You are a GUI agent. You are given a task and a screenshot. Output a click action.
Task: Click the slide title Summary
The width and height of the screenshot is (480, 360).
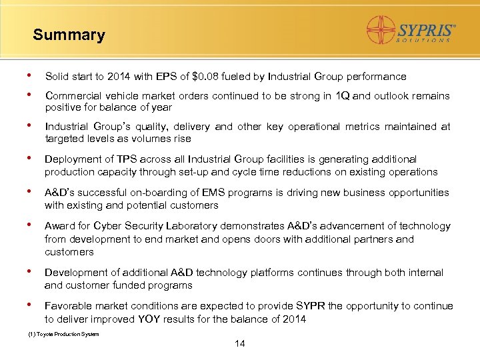[69, 35]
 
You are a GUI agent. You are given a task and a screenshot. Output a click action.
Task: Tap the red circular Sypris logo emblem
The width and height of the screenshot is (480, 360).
[381, 30]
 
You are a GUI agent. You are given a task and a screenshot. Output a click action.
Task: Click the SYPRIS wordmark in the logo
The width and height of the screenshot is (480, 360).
[426, 30]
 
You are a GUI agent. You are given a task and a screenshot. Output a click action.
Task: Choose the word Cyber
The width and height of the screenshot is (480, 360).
[108, 226]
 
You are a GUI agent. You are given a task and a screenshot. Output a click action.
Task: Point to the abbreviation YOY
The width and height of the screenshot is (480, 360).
[149, 319]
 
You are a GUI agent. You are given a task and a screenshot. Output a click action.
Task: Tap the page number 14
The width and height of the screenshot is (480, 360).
[240, 344]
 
